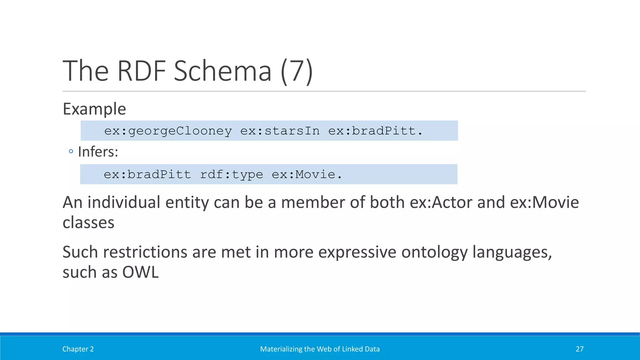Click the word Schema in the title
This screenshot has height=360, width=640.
click(x=222, y=71)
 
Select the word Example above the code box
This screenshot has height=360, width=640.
click(x=94, y=109)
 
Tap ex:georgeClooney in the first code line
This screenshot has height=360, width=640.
click(x=168, y=131)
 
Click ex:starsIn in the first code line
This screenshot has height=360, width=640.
click(x=280, y=131)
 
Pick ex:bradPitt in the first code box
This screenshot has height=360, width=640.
click(x=375, y=131)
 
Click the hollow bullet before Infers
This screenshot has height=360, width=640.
click(x=71, y=152)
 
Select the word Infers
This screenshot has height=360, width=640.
click(x=98, y=152)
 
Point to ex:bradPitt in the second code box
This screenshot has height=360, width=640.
click(x=147, y=174)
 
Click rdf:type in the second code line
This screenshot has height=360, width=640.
click(x=231, y=174)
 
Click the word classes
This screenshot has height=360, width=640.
click(x=88, y=223)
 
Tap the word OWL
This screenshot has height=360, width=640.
click(x=140, y=272)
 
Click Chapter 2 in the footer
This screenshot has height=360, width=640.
click(x=78, y=349)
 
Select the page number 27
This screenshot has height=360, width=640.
click(x=580, y=349)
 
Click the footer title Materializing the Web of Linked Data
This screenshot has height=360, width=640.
click(x=320, y=349)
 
